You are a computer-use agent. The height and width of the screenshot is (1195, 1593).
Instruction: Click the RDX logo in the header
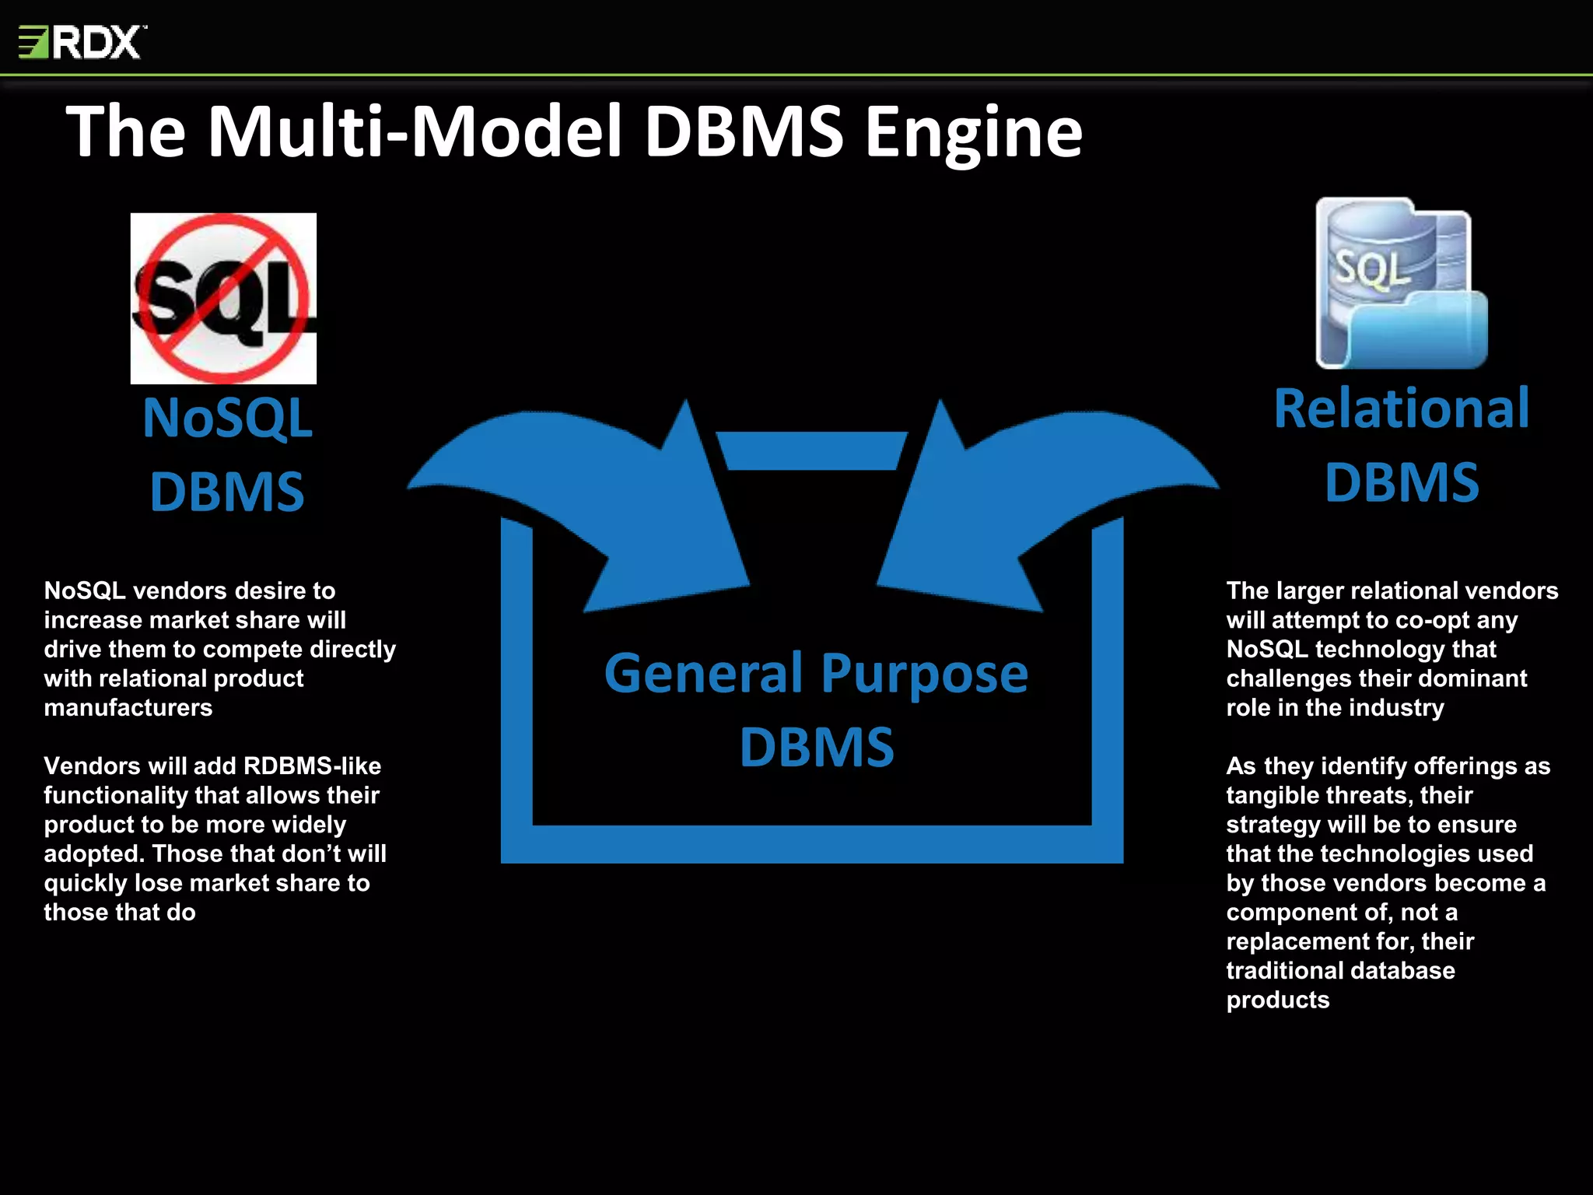(82, 42)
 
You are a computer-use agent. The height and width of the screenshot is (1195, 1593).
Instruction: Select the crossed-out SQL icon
(223, 298)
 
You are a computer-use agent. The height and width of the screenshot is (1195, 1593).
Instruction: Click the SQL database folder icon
(1401, 284)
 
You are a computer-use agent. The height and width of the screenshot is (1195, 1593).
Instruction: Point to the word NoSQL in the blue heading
(227, 419)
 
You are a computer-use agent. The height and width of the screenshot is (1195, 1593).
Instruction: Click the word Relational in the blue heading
(1401, 408)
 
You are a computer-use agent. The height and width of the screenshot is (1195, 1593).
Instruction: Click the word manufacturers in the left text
(128, 708)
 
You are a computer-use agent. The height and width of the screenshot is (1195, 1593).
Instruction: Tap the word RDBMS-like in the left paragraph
(312, 766)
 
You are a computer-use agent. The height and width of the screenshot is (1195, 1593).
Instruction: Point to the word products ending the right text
(1277, 1000)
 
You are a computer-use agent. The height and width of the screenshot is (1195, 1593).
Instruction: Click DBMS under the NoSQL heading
(226, 492)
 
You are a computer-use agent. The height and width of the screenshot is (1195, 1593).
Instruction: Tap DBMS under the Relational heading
(1401, 482)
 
